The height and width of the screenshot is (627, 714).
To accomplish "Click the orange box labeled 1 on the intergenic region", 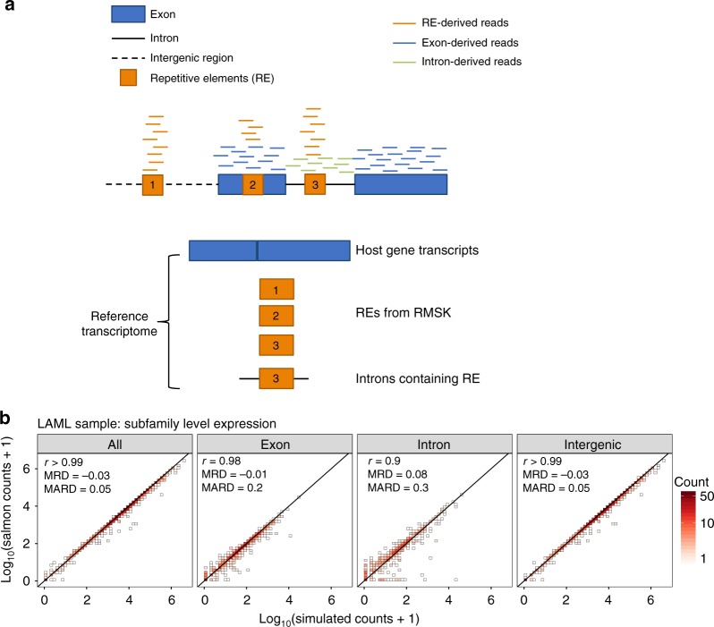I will pos(153,184).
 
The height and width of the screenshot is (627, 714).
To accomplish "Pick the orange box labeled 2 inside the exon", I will pos(253,184).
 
